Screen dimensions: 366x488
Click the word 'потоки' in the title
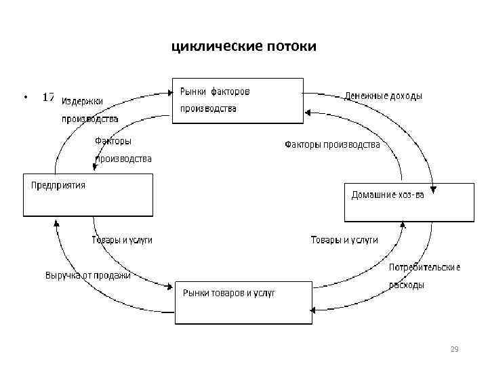point(291,47)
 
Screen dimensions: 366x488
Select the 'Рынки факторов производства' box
point(237,100)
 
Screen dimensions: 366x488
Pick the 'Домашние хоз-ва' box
point(408,202)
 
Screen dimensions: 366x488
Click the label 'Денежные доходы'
point(384,96)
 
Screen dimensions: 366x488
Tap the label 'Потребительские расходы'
point(424,277)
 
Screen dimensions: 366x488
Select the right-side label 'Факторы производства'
point(332,144)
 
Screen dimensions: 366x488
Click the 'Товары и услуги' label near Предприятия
point(122,240)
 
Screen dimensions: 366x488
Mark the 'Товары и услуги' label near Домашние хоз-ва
point(344,240)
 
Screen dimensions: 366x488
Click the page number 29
point(455,349)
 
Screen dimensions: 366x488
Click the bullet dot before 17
point(25,98)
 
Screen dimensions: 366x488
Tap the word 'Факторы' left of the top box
point(113,141)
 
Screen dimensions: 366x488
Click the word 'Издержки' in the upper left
point(83,102)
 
